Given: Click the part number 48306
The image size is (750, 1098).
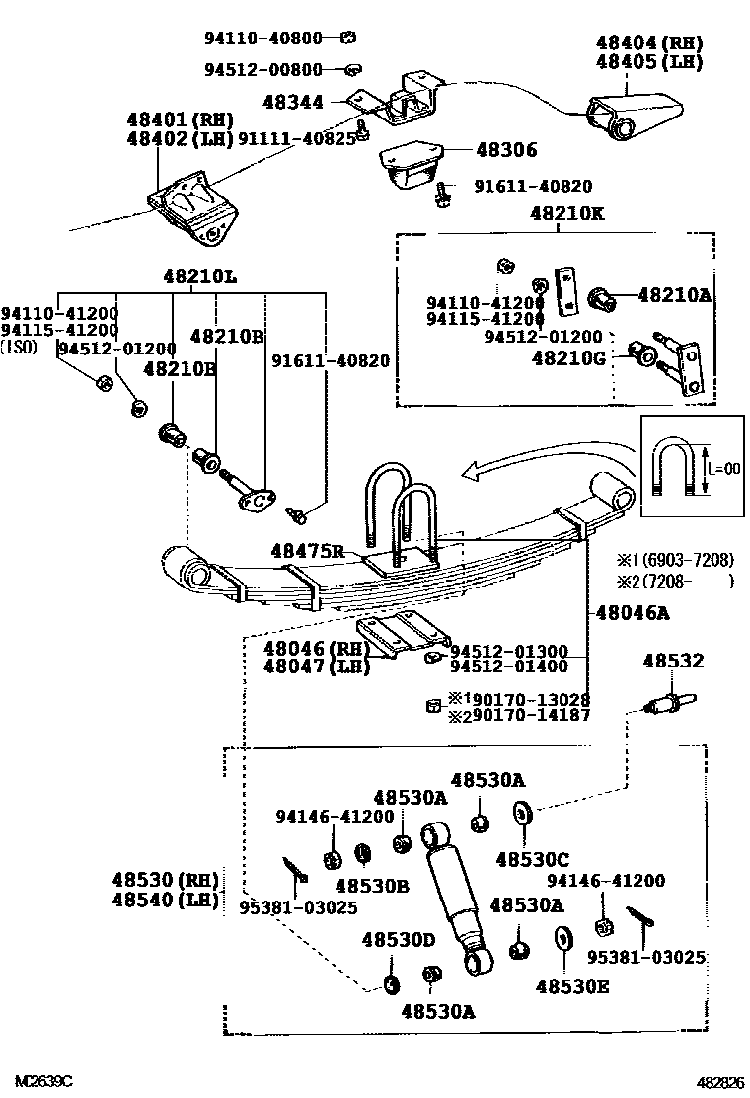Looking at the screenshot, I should tap(506, 150).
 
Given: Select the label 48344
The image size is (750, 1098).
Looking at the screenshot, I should tap(293, 101).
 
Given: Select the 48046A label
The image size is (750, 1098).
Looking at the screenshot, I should tap(632, 613).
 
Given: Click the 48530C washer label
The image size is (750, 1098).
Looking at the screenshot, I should tap(532, 859).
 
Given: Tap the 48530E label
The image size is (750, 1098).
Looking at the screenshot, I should tap(572, 984).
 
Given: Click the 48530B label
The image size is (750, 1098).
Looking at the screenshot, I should tap(371, 886).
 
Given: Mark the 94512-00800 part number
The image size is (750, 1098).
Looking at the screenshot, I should tap(263, 69).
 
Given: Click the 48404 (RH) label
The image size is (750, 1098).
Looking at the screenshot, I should tap(648, 43).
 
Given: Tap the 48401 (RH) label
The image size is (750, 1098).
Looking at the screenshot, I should tap(179, 119).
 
